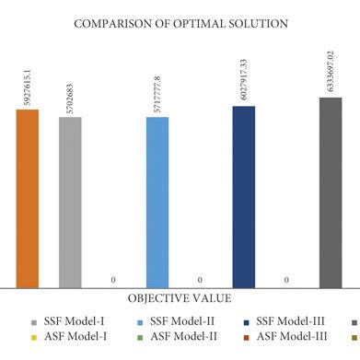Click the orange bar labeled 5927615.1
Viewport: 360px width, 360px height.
[x=28, y=198]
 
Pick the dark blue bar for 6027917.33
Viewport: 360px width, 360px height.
[x=244, y=195]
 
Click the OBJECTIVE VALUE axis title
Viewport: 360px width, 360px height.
[x=180, y=298]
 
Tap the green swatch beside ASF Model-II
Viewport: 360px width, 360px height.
[x=139, y=338]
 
